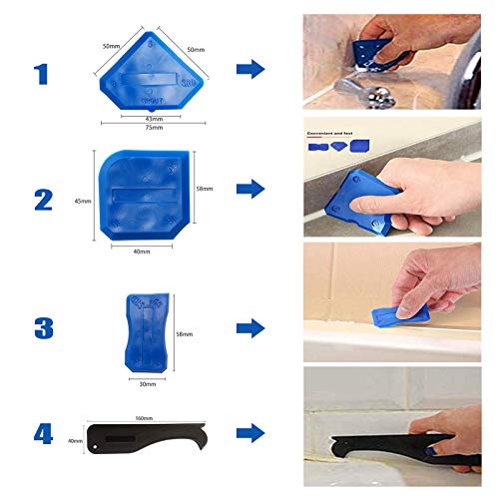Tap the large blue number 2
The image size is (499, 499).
(42, 199)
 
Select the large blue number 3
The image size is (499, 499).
(42, 326)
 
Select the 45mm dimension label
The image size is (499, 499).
(82, 201)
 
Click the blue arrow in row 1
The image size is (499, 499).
(251, 69)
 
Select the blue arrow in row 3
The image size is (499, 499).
(251, 327)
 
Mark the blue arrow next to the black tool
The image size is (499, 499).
(251, 432)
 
